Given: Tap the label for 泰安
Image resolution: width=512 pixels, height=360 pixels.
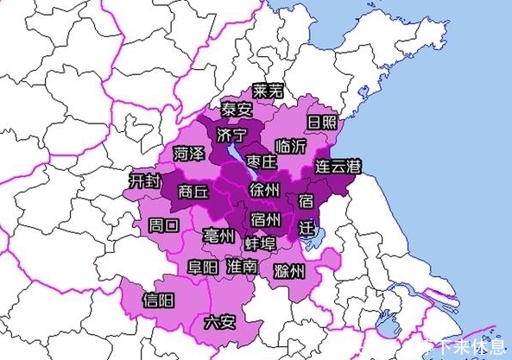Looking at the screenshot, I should tap(236, 110).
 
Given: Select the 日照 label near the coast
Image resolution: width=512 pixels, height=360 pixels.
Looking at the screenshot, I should tap(321, 122).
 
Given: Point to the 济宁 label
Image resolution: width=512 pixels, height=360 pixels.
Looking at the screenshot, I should tap(232, 135).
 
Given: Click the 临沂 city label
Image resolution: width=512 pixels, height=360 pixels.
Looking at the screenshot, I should tap(288, 146).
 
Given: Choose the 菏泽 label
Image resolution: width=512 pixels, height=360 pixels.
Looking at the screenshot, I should tap(188, 154).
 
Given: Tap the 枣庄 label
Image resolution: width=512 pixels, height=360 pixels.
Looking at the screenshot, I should tap(261, 161).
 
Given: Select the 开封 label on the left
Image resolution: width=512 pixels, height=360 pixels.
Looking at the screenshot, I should tap(143, 181).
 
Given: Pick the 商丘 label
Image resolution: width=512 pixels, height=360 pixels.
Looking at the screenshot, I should tap(193, 193).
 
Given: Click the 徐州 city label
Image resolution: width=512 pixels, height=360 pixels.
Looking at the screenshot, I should tap(263, 189).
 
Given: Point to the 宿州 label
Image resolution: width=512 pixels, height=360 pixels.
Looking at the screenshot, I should tap(264, 218).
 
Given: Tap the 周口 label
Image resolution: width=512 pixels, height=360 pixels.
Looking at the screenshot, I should tap(164, 225).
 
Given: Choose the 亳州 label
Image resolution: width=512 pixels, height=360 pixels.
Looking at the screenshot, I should tap(218, 236).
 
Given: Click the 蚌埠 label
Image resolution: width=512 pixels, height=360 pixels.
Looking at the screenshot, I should tap(261, 243).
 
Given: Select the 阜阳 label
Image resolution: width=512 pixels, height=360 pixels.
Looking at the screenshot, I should tap(204, 267).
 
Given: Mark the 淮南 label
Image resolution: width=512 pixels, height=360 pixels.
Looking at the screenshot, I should tap(241, 267).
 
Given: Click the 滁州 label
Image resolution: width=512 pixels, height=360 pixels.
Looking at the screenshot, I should tap(288, 272).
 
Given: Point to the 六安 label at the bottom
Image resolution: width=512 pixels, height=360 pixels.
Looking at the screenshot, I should tap(219, 323).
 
